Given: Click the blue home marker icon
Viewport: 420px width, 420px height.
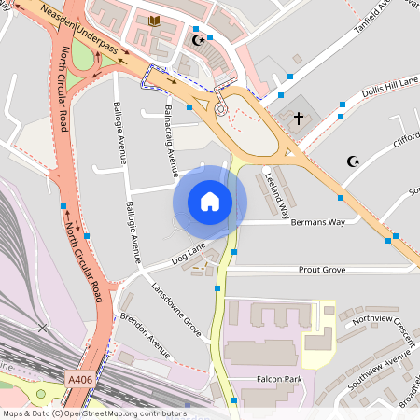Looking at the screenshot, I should [210, 202].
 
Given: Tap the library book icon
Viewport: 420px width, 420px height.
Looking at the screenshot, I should [155, 21].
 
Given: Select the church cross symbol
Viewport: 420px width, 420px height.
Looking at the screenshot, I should [299, 119].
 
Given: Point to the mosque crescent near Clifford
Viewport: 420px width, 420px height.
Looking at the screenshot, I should [353, 161].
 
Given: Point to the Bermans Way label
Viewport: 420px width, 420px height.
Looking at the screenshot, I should [318, 222].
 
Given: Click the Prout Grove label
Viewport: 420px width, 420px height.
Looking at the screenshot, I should [322, 270].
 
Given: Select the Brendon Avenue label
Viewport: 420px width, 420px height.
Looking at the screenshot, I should [145, 335].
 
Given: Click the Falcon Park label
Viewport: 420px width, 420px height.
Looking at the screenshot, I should [280, 380].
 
